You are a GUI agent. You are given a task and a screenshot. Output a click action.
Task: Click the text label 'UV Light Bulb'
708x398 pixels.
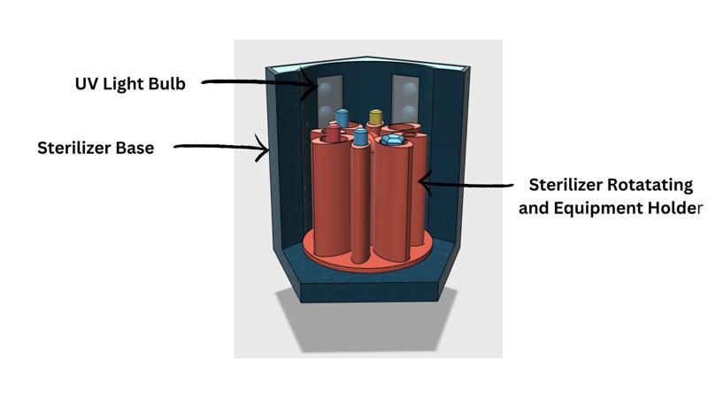(x=130, y=85)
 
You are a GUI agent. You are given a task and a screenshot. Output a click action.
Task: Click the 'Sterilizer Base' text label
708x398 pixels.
(x=96, y=148)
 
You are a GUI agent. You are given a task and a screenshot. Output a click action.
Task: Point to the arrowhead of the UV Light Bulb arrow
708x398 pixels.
(x=311, y=87)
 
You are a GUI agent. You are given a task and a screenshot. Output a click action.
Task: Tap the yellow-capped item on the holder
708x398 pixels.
(x=375, y=117)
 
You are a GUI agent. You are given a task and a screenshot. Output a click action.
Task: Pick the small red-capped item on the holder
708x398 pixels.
(x=334, y=133)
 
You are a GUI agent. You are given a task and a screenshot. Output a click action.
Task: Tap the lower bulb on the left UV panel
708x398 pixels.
(x=325, y=112)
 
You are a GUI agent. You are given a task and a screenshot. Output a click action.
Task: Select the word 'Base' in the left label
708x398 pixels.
(x=135, y=148)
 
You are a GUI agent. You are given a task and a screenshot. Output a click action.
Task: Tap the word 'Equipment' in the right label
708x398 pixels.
(x=602, y=209)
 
